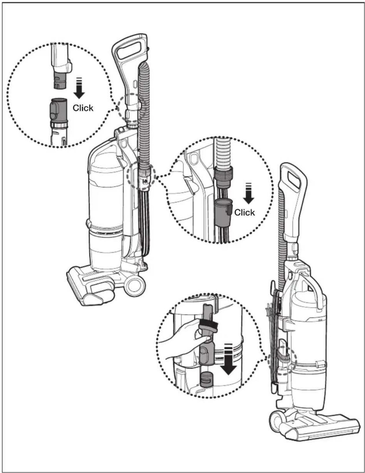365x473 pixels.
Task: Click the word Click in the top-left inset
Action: pyautogui.click(x=83, y=108)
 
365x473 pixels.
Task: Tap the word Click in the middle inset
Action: pyautogui.click(x=244, y=212)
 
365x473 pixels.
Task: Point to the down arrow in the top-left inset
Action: pyautogui.click(x=79, y=88)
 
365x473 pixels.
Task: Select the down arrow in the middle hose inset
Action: pyautogui.click(x=248, y=193)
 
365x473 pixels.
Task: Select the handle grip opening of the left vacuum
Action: pyautogui.click(x=128, y=49)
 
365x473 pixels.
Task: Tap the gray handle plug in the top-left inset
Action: pyautogui.click(x=60, y=80)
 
